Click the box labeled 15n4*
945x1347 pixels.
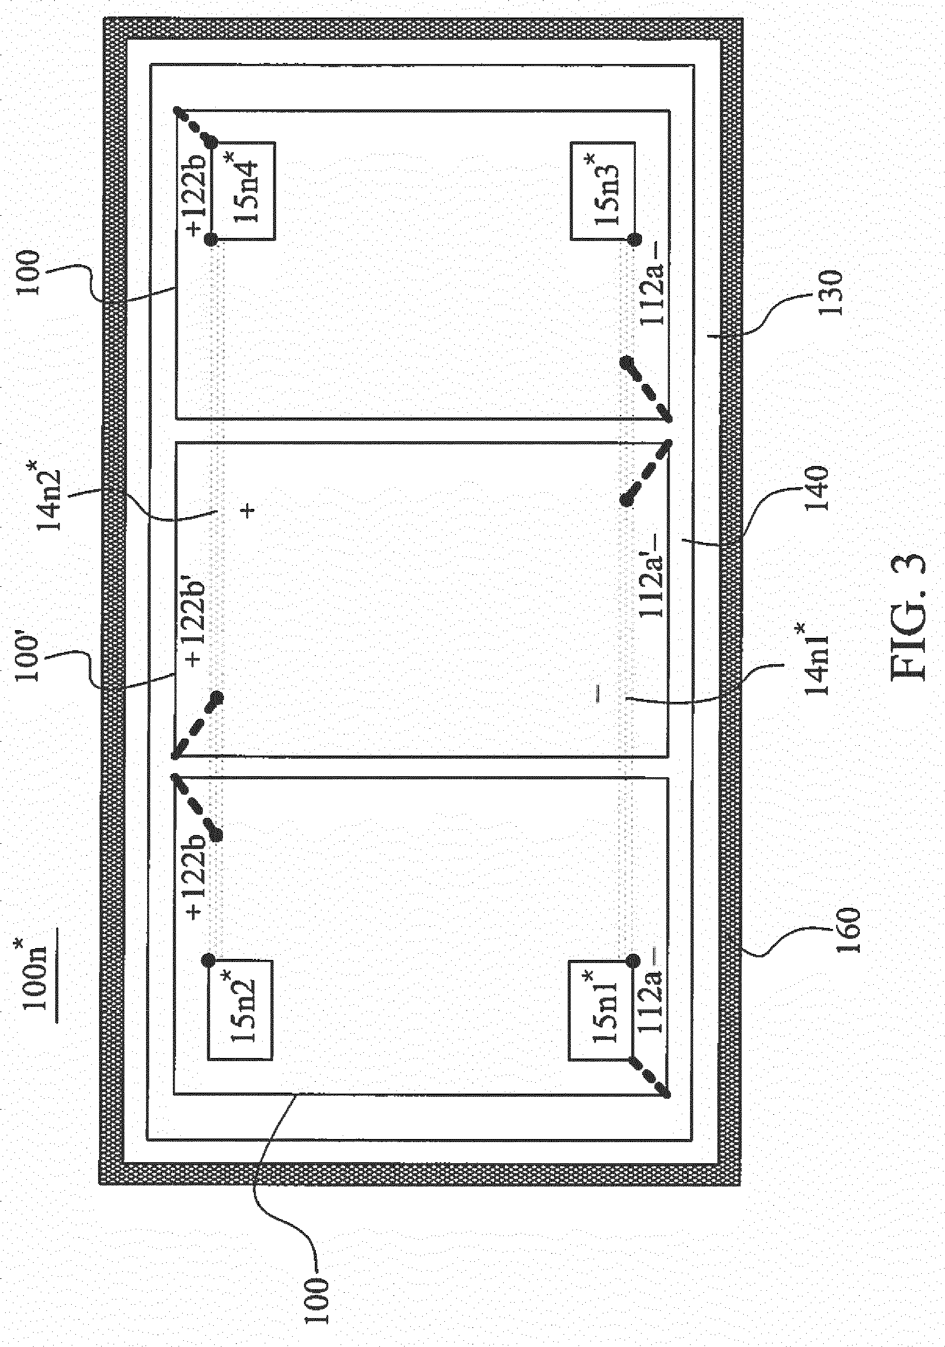pos(241,191)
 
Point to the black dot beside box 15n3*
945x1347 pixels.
pos(633,239)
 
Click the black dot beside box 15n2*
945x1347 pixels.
pos(208,960)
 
